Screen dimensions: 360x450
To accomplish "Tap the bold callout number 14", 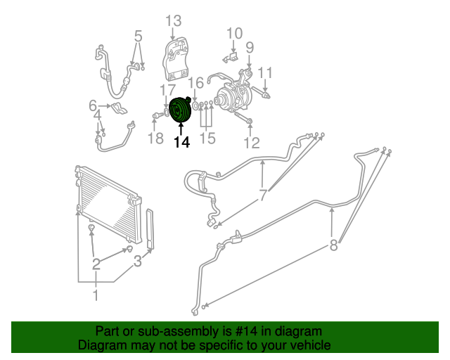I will tap(181, 142).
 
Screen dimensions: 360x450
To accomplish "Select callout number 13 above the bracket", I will tap(173, 21).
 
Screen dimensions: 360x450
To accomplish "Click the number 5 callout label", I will tap(138, 35).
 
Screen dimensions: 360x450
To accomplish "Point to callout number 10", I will tap(234, 32).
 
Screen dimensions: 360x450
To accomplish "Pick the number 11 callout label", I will tap(264, 72).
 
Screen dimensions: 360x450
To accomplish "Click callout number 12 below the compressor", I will tap(251, 144).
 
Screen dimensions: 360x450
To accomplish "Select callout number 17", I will tap(167, 90).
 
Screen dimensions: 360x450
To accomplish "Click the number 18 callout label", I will tap(155, 139).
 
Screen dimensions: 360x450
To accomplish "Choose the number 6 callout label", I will tap(93, 106).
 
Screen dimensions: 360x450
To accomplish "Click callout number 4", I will tap(99, 115).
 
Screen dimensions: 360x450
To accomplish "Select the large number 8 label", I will tap(333, 245).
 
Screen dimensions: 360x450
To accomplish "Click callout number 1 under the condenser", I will tap(96, 295).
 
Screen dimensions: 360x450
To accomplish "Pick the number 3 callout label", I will tap(138, 262).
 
